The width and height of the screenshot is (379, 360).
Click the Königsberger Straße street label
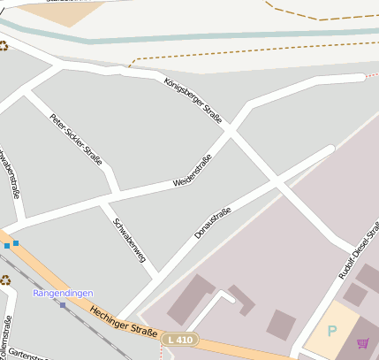[x=193, y=100]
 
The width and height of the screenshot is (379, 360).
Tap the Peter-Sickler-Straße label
[x=76, y=140]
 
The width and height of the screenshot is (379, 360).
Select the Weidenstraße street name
[x=193, y=170]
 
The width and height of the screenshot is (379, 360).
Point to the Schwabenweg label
[x=130, y=239]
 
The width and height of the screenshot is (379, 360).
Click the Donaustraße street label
[x=213, y=222]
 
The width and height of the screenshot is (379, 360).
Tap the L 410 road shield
[x=180, y=339]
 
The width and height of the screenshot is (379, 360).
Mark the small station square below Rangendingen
[x=63, y=305]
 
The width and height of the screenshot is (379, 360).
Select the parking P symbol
[x=332, y=331]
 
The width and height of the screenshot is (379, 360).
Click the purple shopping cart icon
[x=362, y=343]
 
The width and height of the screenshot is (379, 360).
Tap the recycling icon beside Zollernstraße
[x=5, y=280]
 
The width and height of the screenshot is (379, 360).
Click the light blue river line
[x=177, y=39]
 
